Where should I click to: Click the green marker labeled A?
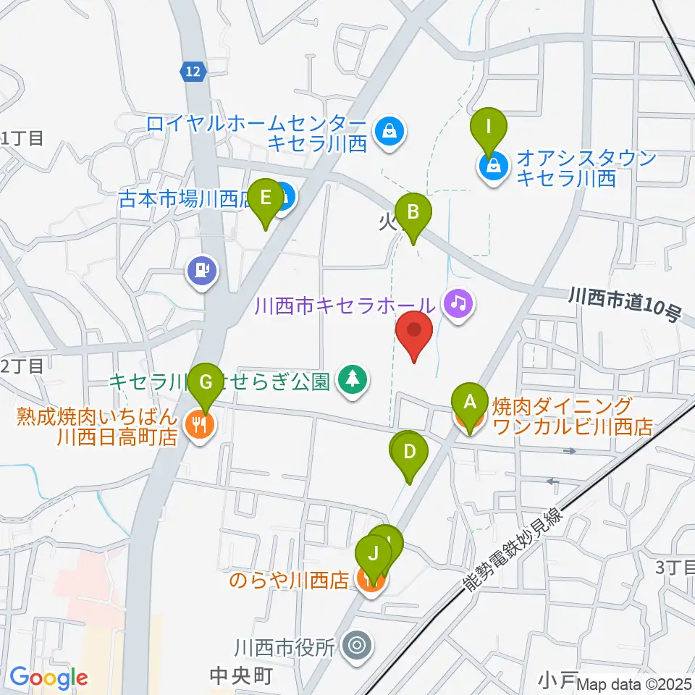[469, 402]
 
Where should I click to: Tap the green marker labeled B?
[413, 214]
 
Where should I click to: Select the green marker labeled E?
[265, 198]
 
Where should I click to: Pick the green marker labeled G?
[206, 382]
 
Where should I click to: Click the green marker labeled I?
[489, 128]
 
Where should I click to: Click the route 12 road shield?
[193, 70]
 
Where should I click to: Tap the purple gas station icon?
[203, 270]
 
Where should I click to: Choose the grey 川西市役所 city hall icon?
[356, 643]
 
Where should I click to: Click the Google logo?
[49, 678]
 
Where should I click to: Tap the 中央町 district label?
[240, 676]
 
